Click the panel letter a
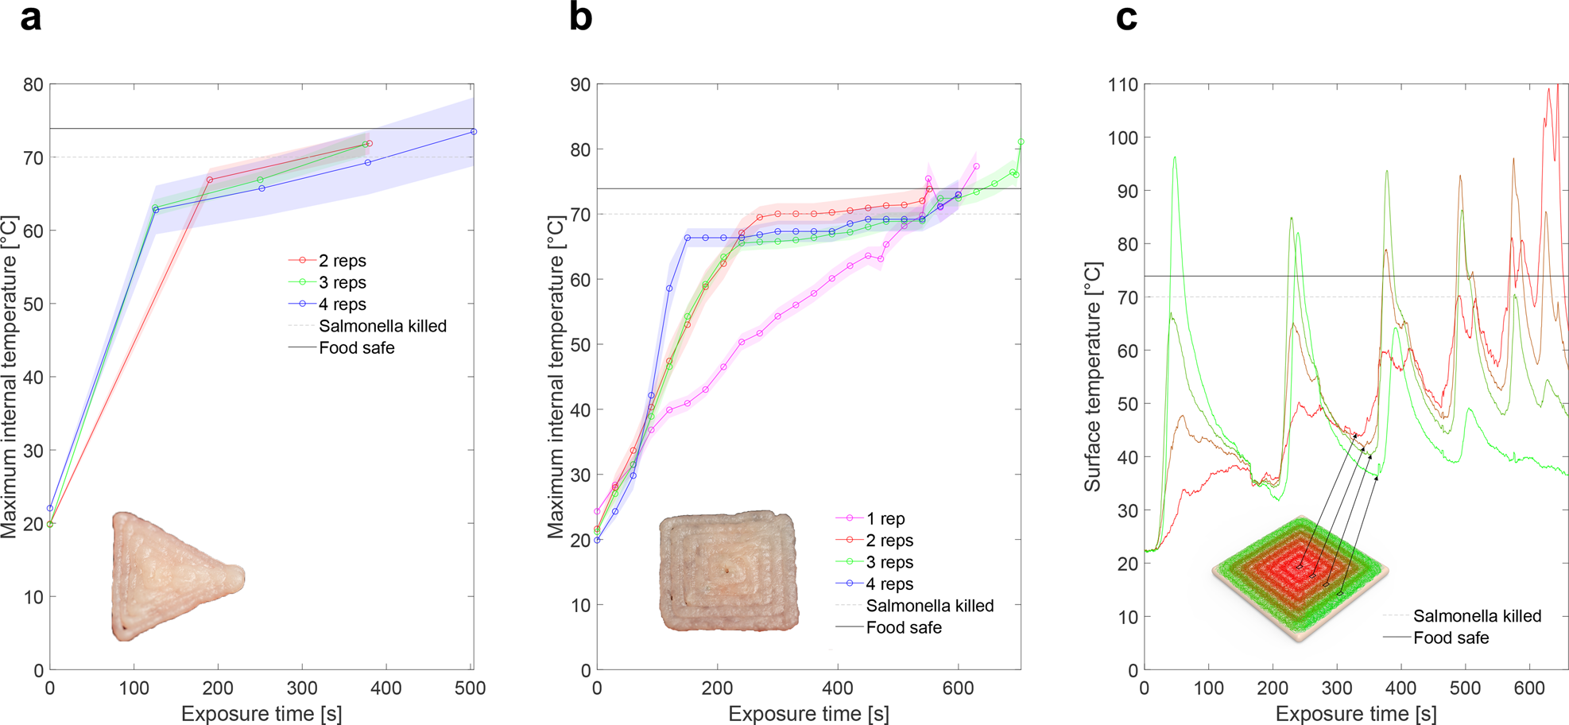pos(30,17)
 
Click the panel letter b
pos(580,17)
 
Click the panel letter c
pos(1126,17)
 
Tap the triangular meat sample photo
pos(171,575)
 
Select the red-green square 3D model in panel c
pos(1300,577)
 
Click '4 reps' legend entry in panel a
pos(342,304)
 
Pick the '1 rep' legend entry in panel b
pos(885,519)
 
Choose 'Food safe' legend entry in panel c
pos(1451,638)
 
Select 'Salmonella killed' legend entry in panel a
pos(382,326)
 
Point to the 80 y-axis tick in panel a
pos(33,84)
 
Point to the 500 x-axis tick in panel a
pos(470,688)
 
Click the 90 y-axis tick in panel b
pos(580,84)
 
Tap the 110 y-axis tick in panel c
pos(1122,84)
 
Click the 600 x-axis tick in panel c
pos(1529,688)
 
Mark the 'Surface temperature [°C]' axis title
pos(1093,377)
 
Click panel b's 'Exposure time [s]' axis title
pos(808,714)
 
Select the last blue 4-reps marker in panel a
pos(474,132)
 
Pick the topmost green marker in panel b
pos(1021,142)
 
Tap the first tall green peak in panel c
pos(1174,157)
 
